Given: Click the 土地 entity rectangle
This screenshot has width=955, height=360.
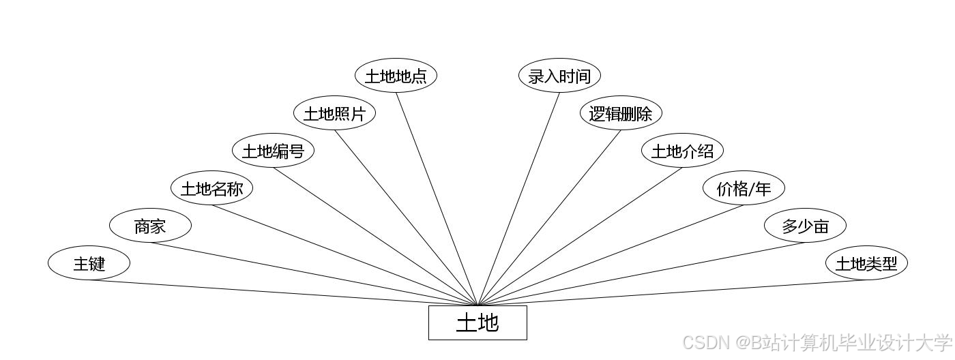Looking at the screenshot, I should point(477,322).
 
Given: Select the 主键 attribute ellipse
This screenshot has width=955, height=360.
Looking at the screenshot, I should point(89,262).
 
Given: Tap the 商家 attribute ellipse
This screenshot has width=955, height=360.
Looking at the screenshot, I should point(150,226).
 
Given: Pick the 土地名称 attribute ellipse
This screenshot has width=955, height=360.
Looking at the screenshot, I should point(211,188).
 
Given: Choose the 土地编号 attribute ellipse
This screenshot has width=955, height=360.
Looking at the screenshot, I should point(273,151).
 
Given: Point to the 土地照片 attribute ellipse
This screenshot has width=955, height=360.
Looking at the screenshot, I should point(334,113).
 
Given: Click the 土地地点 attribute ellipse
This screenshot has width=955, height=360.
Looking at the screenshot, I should point(396,76).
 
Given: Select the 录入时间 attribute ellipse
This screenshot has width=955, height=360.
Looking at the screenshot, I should point(559,76).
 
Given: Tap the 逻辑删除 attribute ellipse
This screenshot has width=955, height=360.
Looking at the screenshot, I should point(621,113).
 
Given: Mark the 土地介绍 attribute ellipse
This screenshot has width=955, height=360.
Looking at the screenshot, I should point(682,151).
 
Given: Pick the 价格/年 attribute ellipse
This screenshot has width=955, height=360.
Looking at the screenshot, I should point(744,188).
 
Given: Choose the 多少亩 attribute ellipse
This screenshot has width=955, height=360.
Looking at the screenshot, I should point(805,226).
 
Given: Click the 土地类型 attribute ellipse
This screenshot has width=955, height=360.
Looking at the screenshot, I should point(866,262).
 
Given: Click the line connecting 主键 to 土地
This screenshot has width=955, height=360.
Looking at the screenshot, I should point(283,292).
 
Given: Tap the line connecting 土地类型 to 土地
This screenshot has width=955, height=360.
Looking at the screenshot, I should point(672,292).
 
